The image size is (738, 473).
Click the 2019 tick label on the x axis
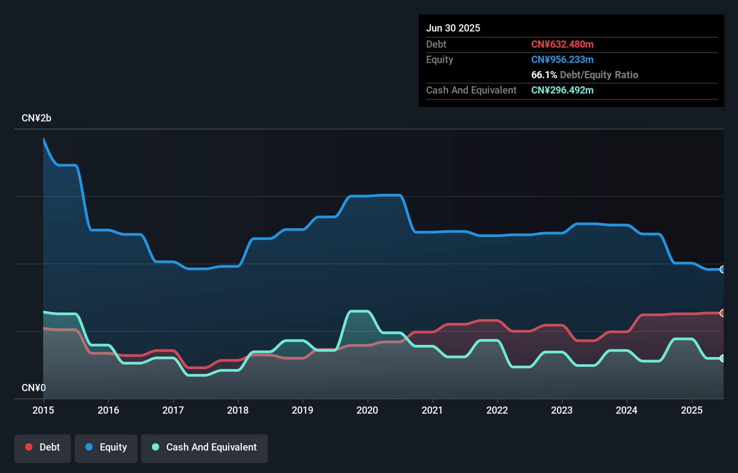(x=302, y=410)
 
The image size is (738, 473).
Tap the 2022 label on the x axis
(x=497, y=410)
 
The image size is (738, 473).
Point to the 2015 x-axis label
(x=43, y=410)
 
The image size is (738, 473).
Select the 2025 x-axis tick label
(x=691, y=410)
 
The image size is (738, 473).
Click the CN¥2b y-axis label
(x=36, y=118)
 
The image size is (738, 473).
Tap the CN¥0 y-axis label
(x=34, y=388)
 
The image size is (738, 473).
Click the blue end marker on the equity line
(x=722, y=269)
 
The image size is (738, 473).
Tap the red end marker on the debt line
(x=722, y=313)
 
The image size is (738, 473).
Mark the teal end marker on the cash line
(x=722, y=358)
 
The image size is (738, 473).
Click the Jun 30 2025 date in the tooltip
(x=453, y=28)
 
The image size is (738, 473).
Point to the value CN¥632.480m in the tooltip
(x=562, y=44)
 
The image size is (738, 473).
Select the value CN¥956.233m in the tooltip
(x=562, y=59)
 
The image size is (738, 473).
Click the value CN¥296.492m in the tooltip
(x=562, y=90)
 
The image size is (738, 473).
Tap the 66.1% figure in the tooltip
(x=544, y=75)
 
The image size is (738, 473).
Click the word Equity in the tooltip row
(x=440, y=59)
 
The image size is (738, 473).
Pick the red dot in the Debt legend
(x=29, y=447)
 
